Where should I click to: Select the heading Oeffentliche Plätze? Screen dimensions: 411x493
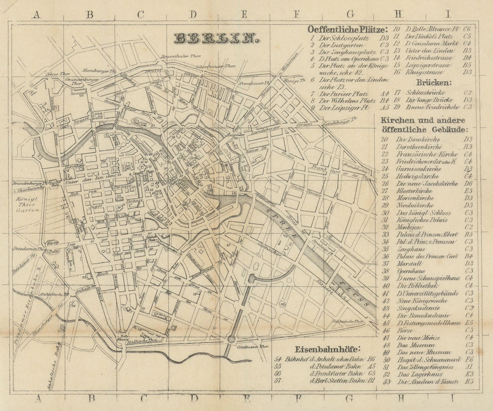tap(348, 30)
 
